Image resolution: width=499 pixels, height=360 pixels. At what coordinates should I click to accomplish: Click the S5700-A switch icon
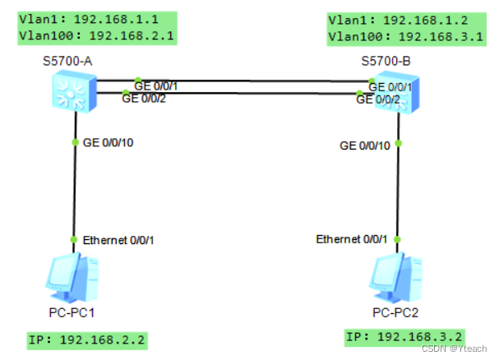[x=72, y=91]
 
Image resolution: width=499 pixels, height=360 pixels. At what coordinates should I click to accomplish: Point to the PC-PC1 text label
[x=72, y=312]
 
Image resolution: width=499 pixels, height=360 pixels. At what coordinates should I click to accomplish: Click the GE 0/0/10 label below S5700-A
[x=108, y=142]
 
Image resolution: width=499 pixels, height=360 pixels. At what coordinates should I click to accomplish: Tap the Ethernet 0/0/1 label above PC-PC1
[x=118, y=240]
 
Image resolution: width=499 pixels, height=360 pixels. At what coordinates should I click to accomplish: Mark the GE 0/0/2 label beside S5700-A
[x=144, y=98]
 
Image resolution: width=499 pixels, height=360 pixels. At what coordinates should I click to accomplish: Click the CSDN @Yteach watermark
[x=461, y=348]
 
